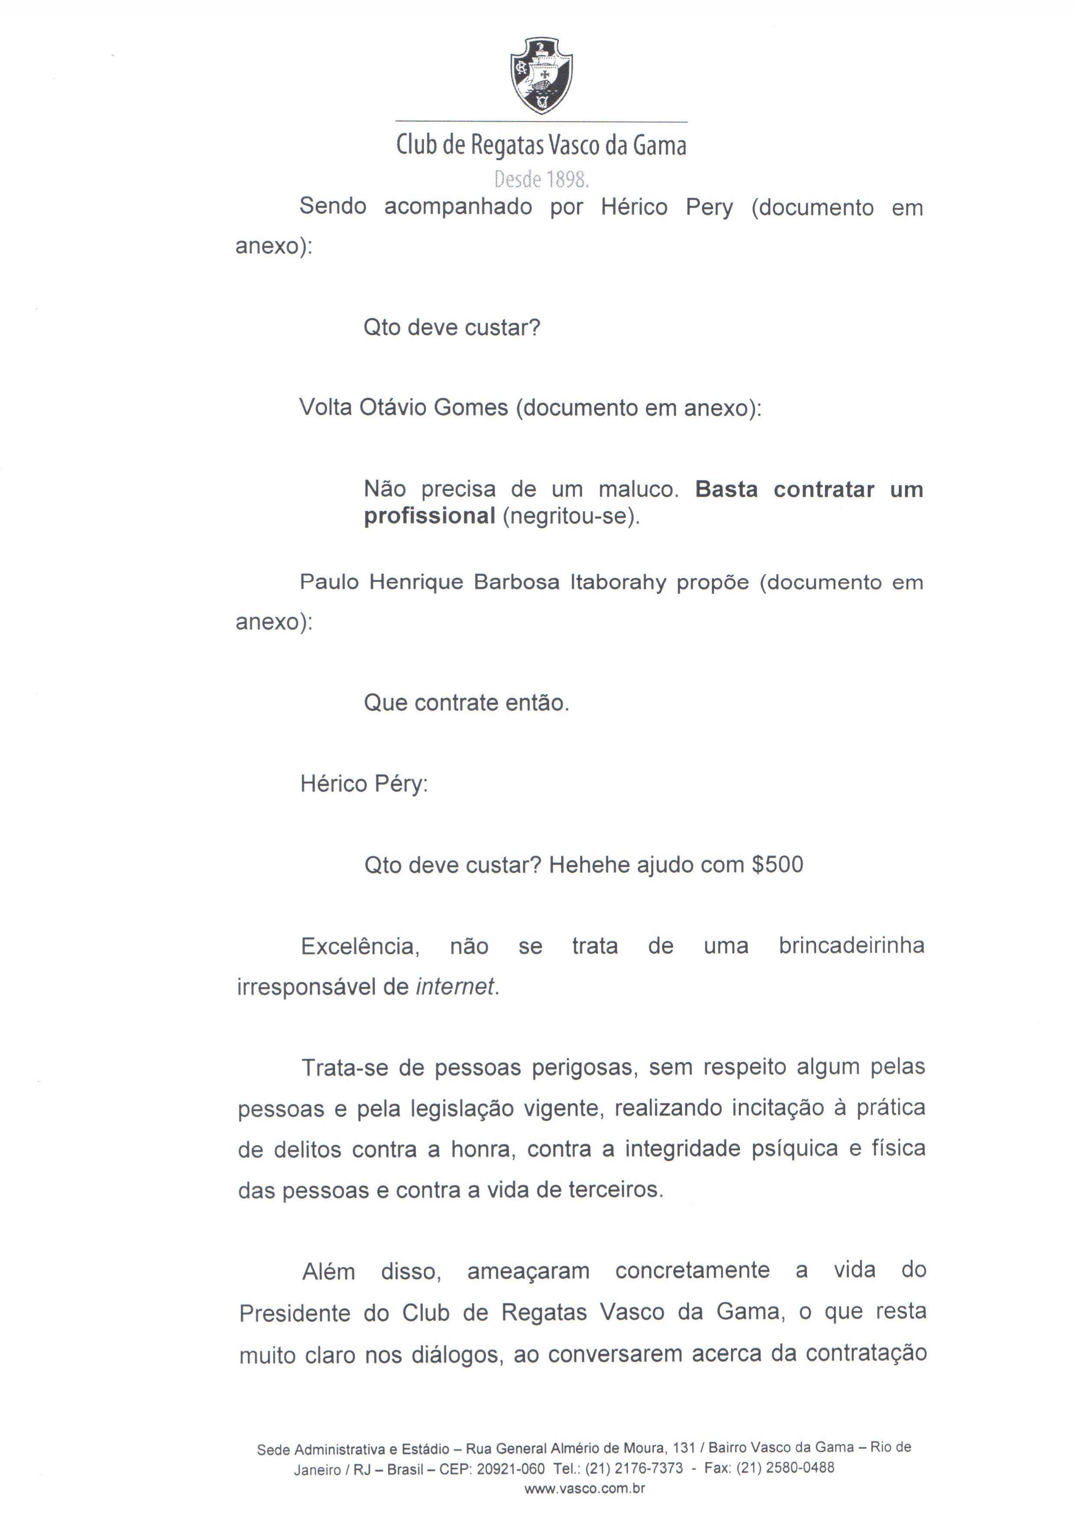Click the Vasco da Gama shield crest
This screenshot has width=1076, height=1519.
(x=541, y=75)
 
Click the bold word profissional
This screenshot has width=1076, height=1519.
(x=429, y=516)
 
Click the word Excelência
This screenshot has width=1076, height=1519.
(x=360, y=946)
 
